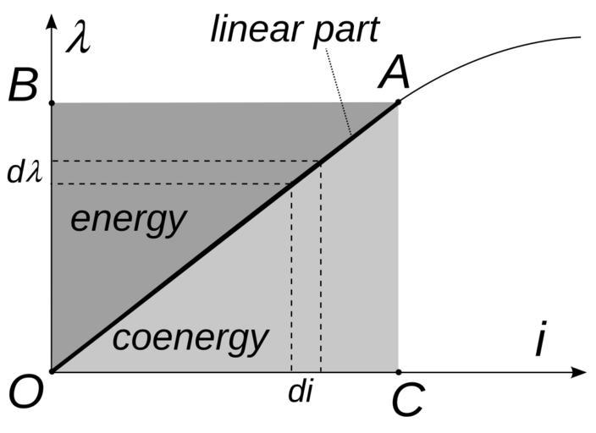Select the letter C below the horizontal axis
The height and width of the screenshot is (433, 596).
[407, 402]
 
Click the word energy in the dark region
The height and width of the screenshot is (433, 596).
[127, 220]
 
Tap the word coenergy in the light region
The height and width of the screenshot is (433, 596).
[190, 338]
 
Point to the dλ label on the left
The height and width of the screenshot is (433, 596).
[24, 173]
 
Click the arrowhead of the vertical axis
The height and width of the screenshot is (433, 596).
[52, 19]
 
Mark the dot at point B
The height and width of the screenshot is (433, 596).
[52, 103]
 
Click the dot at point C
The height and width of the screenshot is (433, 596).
[399, 371]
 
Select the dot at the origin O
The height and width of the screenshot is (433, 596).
[52, 371]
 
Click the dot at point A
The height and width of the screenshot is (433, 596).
[399, 103]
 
